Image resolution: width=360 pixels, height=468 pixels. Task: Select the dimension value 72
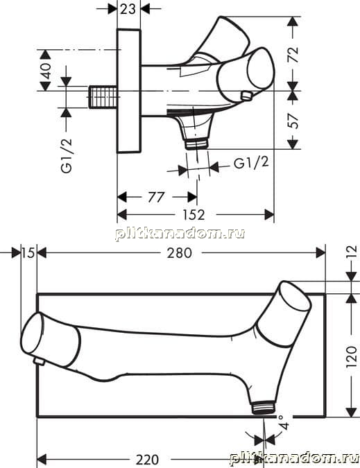pos(293,53)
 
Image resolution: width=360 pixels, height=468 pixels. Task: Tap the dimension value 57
pos(293,120)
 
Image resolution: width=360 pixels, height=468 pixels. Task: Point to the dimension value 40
pos(46,71)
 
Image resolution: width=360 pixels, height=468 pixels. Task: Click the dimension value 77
pos(156,197)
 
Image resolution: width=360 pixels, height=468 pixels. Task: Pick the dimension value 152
pos(194,215)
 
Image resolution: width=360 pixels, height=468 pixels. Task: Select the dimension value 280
pos(179,253)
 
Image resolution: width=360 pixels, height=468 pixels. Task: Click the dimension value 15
pos(28,253)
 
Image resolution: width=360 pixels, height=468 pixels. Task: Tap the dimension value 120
pos(352,356)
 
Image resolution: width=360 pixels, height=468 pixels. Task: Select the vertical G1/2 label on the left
pos(67,155)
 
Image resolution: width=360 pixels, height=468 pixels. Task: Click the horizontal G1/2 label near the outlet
pos(251,163)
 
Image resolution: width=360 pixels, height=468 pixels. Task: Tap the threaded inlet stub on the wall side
pos(103,96)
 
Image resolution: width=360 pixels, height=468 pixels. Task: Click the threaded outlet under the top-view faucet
pos(197,144)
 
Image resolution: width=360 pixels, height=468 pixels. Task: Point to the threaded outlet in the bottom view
pos(264,408)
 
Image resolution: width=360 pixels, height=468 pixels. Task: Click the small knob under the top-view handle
pos(247,96)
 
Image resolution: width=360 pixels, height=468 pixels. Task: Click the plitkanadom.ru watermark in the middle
pos(180,234)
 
